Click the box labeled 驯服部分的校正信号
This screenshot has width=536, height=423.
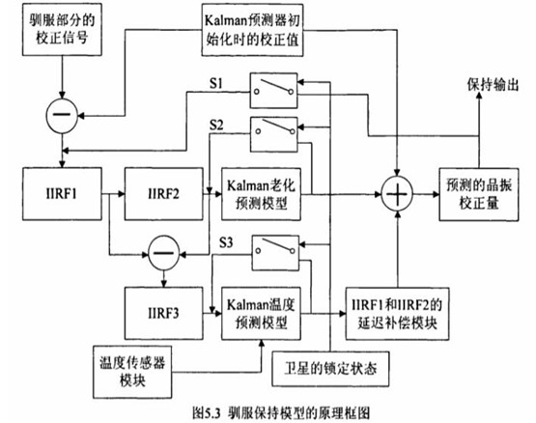[x=60, y=33]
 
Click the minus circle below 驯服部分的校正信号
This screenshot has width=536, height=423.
[x=60, y=116]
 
